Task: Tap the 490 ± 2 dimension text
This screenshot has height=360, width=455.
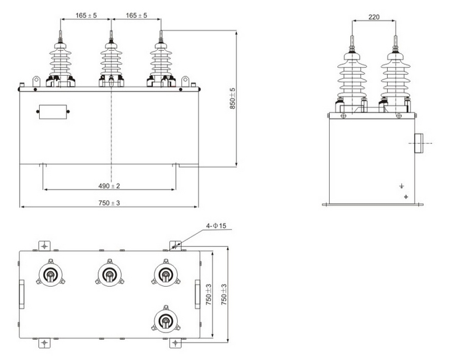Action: coord(109,186)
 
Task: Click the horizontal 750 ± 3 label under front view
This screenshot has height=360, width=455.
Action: coord(109,202)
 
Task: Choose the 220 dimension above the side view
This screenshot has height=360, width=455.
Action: coord(374,17)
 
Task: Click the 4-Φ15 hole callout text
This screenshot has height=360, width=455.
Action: coord(216,226)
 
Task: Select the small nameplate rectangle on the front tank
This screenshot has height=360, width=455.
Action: coord(52,112)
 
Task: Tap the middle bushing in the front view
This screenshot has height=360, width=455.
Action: coord(111,61)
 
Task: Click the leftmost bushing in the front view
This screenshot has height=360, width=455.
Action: coord(61,61)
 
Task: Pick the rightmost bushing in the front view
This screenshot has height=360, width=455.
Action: coord(161,61)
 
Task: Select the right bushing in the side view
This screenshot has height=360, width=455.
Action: coord(395,76)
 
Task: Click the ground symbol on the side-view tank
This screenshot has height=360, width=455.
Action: coord(401,186)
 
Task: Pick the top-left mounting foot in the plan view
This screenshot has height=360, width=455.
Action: coord(44,245)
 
